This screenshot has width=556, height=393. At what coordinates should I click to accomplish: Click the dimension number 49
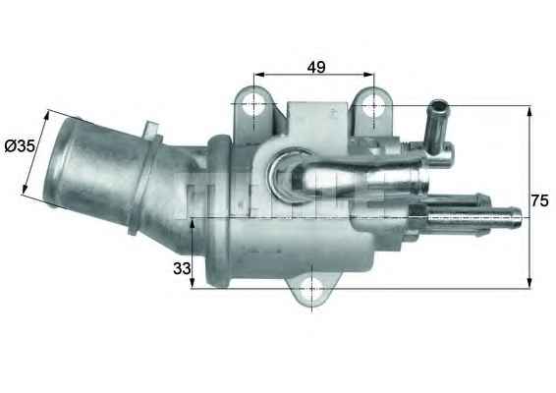[x=316, y=67]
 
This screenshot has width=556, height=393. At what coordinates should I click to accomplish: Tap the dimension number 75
[x=539, y=201]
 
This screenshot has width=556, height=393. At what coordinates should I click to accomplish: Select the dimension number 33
[x=182, y=269]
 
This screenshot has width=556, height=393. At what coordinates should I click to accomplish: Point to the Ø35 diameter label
[x=21, y=145]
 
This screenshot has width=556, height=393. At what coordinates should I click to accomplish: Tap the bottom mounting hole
[x=311, y=289]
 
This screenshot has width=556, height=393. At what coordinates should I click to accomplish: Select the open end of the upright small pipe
[x=439, y=106]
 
